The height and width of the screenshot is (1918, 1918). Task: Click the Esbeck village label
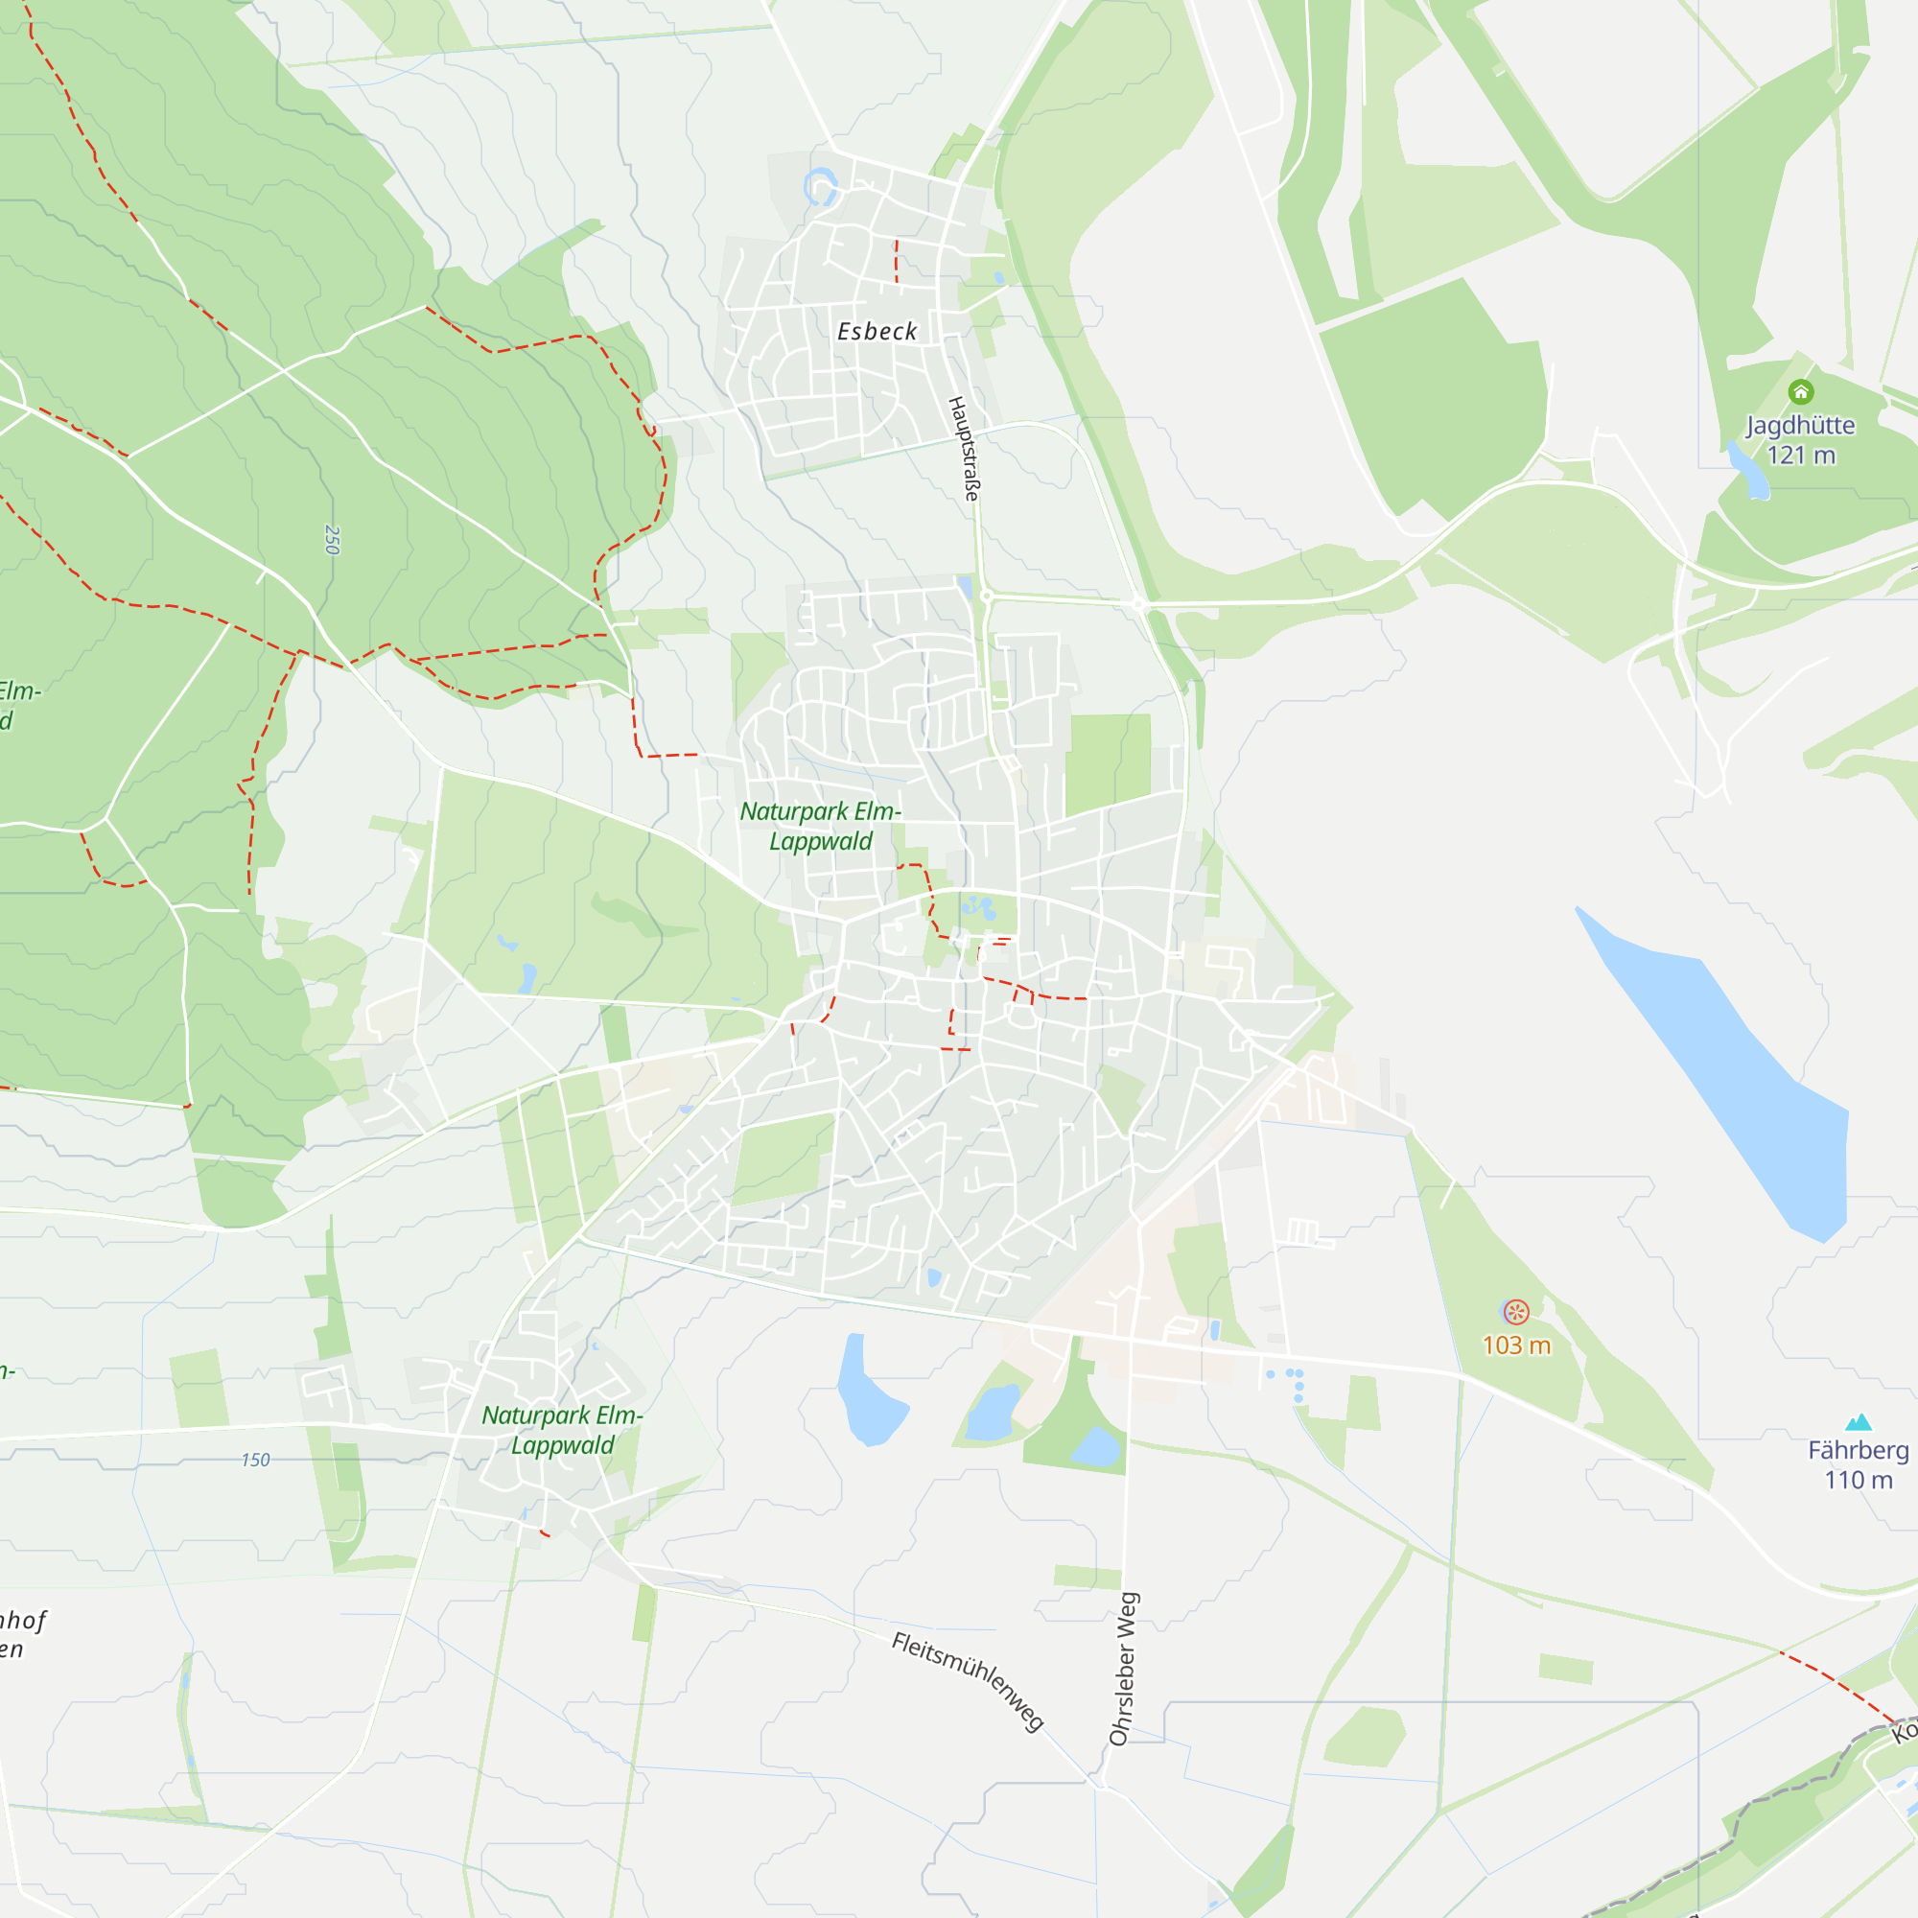(x=877, y=332)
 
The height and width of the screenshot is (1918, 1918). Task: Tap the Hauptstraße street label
(x=964, y=448)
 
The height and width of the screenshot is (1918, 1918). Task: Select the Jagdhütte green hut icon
(x=1800, y=391)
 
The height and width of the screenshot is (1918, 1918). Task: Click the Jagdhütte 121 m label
(x=1800, y=440)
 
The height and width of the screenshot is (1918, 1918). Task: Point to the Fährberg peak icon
(x=1858, y=1421)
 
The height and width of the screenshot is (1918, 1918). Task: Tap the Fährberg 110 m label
(x=1858, y=1464)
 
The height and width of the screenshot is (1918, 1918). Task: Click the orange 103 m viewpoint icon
(x=1515, y=1313)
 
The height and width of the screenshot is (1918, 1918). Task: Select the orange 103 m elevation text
(x=1516, y=1345)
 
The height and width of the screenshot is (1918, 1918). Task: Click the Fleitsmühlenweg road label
(x=967, y=1681)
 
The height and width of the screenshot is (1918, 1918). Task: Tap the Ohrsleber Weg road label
(x=1123, y=1669)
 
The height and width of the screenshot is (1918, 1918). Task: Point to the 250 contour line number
(x=332, y=539)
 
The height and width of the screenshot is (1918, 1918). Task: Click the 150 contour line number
(x=255, y=1460)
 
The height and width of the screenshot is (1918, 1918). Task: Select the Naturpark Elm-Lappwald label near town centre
(x=821, y=826)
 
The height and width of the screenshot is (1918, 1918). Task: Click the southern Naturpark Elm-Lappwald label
(x=562, y=1430)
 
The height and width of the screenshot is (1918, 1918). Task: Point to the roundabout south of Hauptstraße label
(x=986, y=596)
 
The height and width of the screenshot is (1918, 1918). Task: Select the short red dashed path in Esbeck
(x=897, y=260)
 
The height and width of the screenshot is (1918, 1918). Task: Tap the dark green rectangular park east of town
(x=1108, y=762)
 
